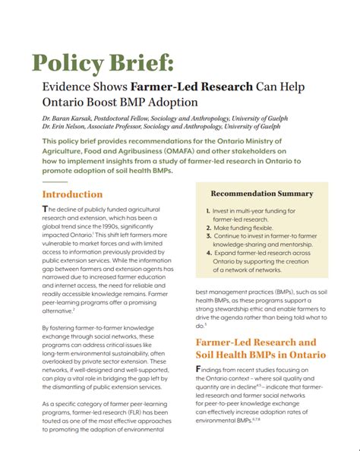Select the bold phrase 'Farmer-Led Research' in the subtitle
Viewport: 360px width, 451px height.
tap(195, 87)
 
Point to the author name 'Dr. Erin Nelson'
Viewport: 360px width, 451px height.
tap(69, 127)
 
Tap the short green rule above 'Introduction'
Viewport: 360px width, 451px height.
tap(54, 182)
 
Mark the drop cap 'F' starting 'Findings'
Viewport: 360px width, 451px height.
tap(200, 369)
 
